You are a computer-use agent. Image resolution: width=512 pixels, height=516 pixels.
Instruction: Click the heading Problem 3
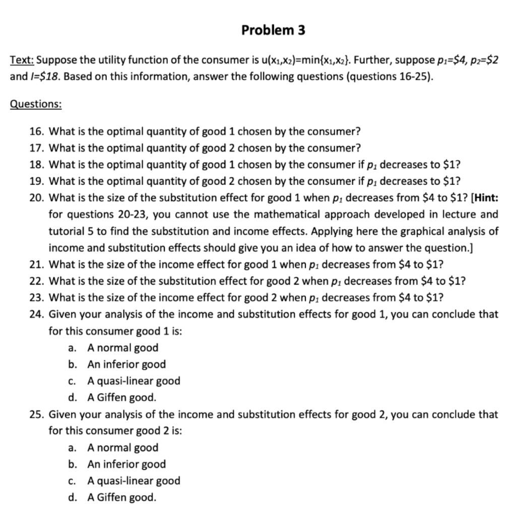tap(273, 30)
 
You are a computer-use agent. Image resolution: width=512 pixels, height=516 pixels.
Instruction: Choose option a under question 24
tap(122, 348)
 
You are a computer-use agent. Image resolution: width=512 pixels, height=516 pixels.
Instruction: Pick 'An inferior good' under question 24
tap(126, 364)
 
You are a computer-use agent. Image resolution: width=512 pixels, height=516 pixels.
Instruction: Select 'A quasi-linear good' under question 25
tap(133, 481)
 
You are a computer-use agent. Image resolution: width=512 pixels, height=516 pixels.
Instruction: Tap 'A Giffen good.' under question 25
tap(121, 497)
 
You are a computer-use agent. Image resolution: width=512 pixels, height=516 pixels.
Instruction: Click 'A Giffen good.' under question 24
tap(121, 398)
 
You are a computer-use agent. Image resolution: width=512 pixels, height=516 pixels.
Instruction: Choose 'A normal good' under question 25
tap(122, 447)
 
